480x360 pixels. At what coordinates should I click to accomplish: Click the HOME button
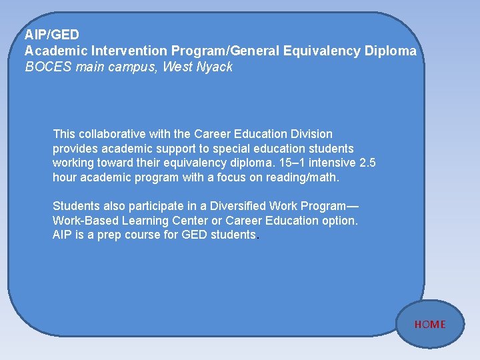pyautogui.click(x=430, y=325)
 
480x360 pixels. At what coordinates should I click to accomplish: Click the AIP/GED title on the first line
pyautogui.click(x=52, y=34)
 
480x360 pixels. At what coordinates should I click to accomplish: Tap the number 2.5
pyautogui.click(x=367, y=163)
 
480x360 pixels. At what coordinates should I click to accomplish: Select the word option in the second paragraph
pyautogui.click(x=338, y=221)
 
